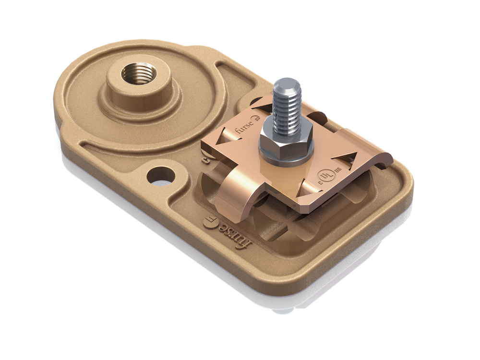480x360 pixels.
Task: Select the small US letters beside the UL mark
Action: (x=338, y=169)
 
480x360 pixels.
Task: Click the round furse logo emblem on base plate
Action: (x=210, y=222)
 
